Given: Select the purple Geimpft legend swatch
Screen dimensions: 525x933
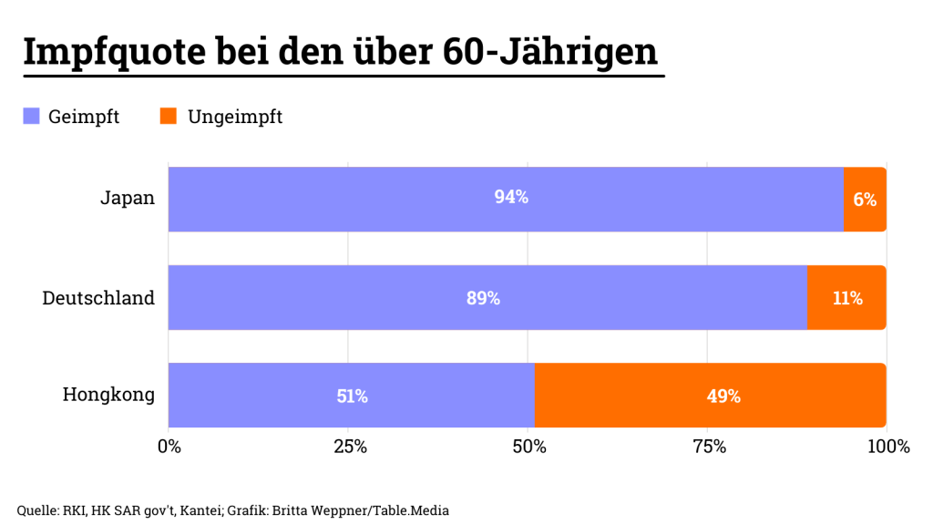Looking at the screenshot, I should tap(32, 117).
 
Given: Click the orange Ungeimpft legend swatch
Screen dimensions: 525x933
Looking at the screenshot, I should tap(168, 117).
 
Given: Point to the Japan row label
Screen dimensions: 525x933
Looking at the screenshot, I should tap(127, 199).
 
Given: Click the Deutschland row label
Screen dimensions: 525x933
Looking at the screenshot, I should tap(98, 298).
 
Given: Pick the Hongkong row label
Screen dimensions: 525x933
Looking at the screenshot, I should tap(108, 396).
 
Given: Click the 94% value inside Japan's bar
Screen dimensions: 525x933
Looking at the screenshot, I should tap(511, 198).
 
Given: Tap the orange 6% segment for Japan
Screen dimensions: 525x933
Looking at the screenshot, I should tap(865, 199).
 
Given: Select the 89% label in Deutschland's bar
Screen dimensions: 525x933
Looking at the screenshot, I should tap(483, 298).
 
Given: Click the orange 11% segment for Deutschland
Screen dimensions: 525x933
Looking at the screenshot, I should tap(846, 298).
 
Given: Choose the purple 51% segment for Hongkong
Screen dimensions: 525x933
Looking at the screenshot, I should tap(352, 396).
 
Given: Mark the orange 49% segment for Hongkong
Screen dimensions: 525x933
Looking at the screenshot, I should tap(723, 396).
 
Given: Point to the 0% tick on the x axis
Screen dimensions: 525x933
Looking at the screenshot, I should tap(169, 447).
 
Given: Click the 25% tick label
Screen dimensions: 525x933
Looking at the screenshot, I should tap(349, 447).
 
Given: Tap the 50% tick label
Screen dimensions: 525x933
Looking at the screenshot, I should tap(529, 447).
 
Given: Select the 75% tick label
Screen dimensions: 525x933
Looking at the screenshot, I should tap(709, 447).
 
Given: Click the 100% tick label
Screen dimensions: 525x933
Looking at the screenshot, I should tap(887, 447).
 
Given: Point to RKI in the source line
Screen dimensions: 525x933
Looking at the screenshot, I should tap(71, 510).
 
